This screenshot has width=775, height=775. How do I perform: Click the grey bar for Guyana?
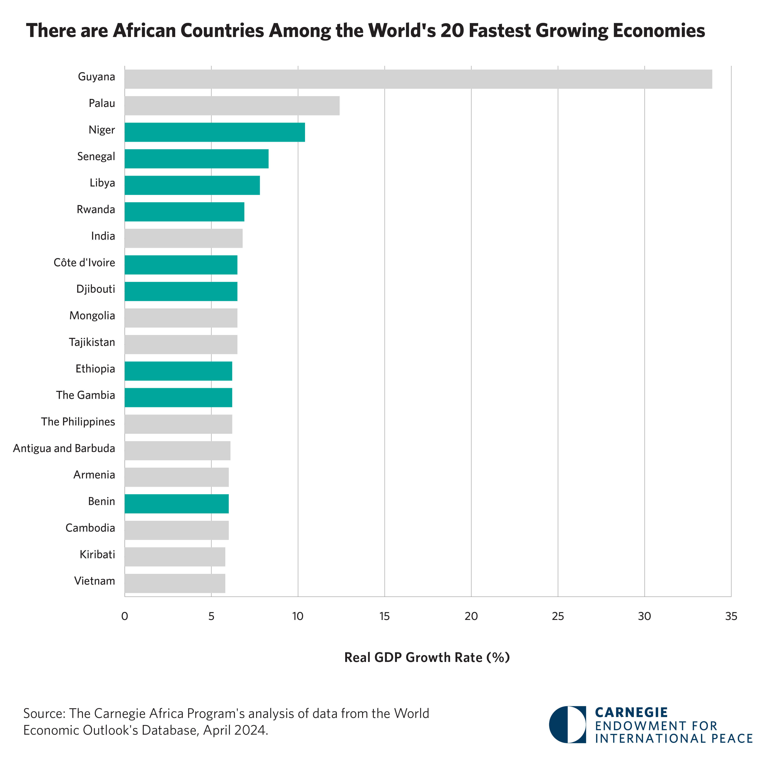coord(418,79)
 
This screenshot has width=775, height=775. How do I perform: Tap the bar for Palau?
coord(232,105)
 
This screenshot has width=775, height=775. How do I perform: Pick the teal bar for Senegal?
coord(197,159)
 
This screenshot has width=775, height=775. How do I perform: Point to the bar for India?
coord(183,238)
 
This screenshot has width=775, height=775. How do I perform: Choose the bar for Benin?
coord(176,504)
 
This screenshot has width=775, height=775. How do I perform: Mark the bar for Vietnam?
coord(175,583)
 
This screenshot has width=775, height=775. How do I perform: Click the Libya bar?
coord(192,185)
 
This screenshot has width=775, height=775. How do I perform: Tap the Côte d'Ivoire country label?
coord(84,263)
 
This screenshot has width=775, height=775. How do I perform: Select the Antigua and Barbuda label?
coord(64,448)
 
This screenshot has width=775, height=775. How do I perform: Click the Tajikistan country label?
coord(92,342)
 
